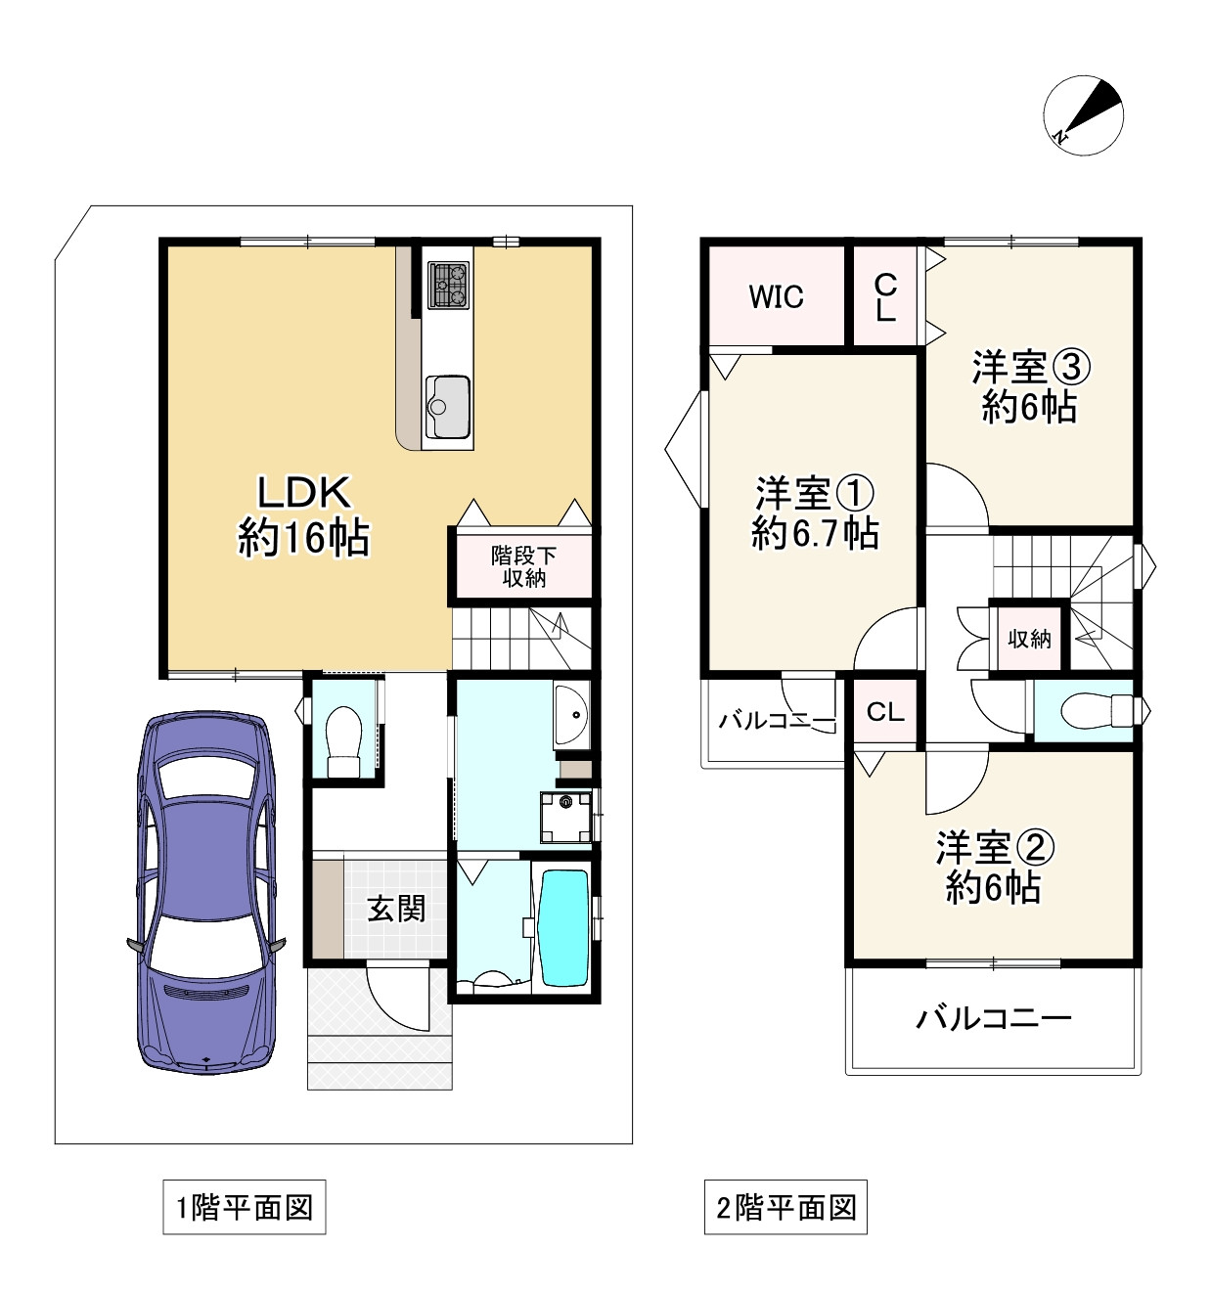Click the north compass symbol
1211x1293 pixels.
pyautogui.click(x=1083, y=115)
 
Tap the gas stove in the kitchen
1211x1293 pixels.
pyautogui.click(x=448, y=286)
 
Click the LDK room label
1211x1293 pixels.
pyautogui.click(x=304, y=492)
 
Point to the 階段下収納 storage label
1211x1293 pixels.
pyautogui.click(x=523, y=567)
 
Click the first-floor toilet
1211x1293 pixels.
pyautogui.click(x=343, y=741)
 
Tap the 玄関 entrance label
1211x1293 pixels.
pyautogui.click(x=396, y=909)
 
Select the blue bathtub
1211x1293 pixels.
pyautogui.click(x=564, y=929)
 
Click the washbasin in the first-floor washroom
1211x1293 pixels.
pyautogui.click(x=571, y=714)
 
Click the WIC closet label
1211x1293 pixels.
pyautogui.click(x=776, y=297)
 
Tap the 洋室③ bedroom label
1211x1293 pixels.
pyautogui.click(x=1031, y=368)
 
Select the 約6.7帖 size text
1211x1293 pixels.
pyautogui.click(x=815, y=534)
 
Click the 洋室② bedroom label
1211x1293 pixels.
pyautogui.click(x=996, y=848)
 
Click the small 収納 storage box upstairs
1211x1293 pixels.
pyautogui.click(x=1029, y=639)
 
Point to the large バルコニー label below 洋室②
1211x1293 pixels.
pyautogui.click(x=994, y=1017)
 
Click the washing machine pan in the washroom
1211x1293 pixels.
pyautogui.click(x=565, y=818)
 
